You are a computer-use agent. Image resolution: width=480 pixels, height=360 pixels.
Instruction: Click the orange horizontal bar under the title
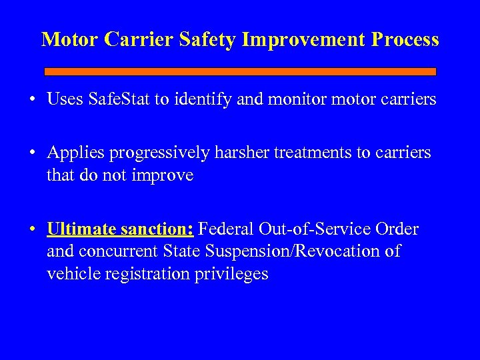pos(240,71)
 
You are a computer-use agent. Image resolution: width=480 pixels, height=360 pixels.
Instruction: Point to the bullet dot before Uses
pos(32,101)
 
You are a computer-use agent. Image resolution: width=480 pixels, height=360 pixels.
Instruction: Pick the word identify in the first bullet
pos(206,100)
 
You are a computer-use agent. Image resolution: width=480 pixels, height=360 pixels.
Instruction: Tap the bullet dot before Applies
pos(32,153)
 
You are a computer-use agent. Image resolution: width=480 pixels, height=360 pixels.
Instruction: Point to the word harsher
pos(238,153)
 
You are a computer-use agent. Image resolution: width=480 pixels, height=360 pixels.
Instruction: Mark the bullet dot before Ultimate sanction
pos(32,230)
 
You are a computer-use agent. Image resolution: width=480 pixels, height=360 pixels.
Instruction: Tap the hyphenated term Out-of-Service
pos(316,229)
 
